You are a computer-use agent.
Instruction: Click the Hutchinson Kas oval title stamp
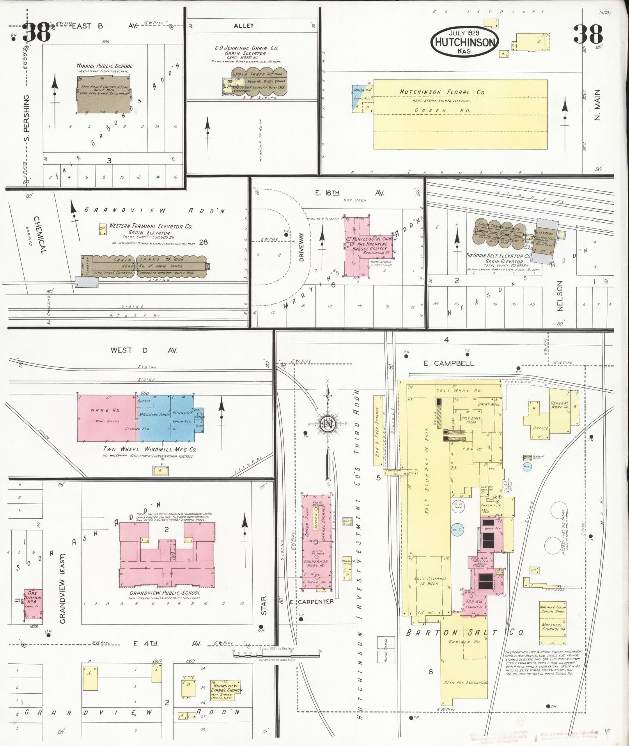pyautogui.click(x=464, y=42)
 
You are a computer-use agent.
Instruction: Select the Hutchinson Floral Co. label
pyautogui.click(x=442, y=92)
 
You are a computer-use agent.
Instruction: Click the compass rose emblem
pyautogui.click(x=328, y=424)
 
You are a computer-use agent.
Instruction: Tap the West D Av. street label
pyautogui.click(x=144, y=350)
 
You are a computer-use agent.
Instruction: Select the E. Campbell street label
pyautogui.click(x=448, y=363)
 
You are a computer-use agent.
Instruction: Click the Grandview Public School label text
pyautogui.click(x=165, y=593)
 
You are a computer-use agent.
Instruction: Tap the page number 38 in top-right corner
pyautogui.click(x=588, y=34)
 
